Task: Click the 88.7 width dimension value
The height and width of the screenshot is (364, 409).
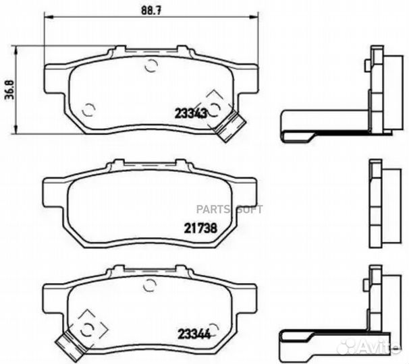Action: pos(149,9)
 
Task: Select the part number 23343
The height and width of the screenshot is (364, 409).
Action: pos(192,114)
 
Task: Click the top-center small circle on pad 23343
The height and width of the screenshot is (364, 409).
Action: pos(151,65)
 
